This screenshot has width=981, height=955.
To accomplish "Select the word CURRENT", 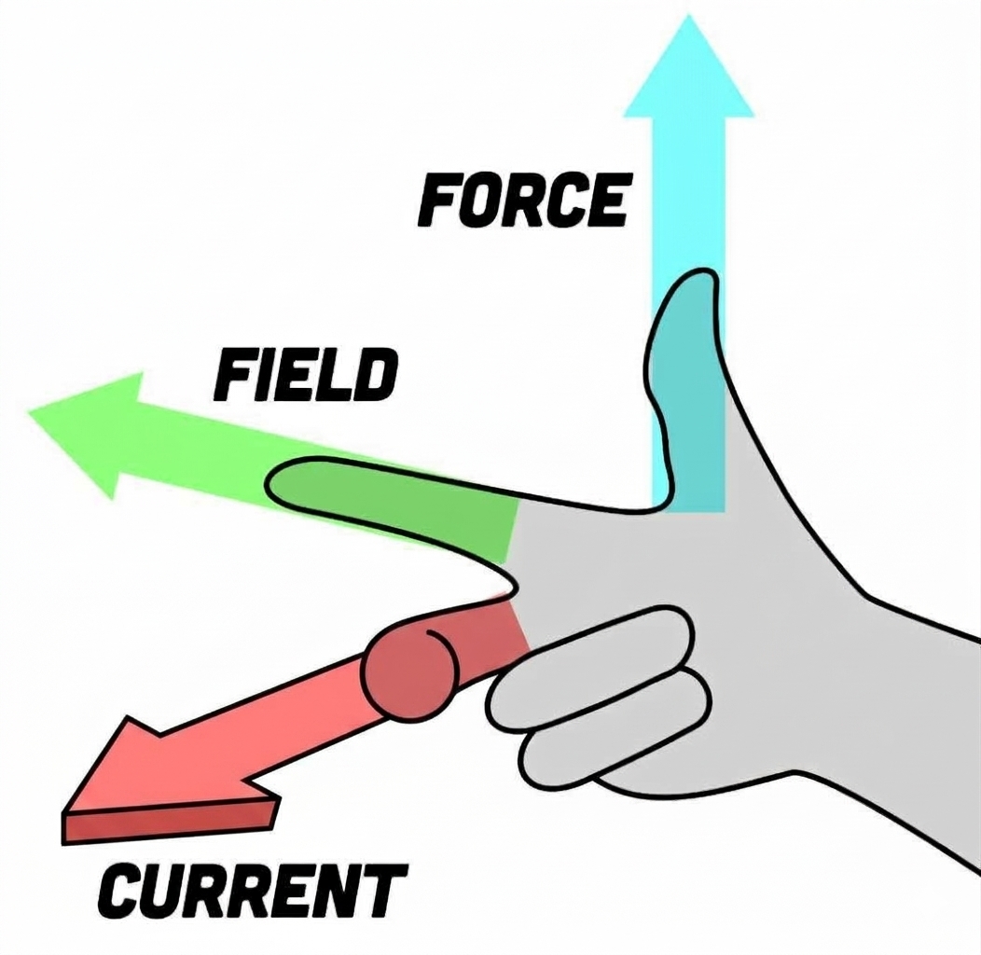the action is [x=253, y=890].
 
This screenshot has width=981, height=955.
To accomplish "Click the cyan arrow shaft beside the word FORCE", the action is [x=689, y=201].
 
